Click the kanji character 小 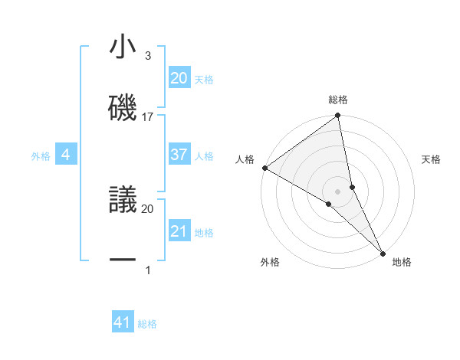tap(123, 48)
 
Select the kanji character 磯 tap(123, 108)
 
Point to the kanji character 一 tap(123, 260)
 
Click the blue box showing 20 tap(179, 77)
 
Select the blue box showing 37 tap(179, 155)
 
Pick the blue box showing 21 tap(179, 231)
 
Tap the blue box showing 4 tap(66, 155)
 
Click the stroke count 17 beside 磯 tap(148, 117)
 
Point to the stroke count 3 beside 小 tap(147, 56)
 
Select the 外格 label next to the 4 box tap(41, 156)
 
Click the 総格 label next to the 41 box tap(147, 324)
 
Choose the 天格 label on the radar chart tap(432, 159)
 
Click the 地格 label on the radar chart tap(402, 262)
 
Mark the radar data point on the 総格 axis tap(338, 116)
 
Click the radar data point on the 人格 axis tap(264, 167)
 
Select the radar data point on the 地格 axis tap(383, 252)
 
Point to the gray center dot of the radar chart tap(338, 191)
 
